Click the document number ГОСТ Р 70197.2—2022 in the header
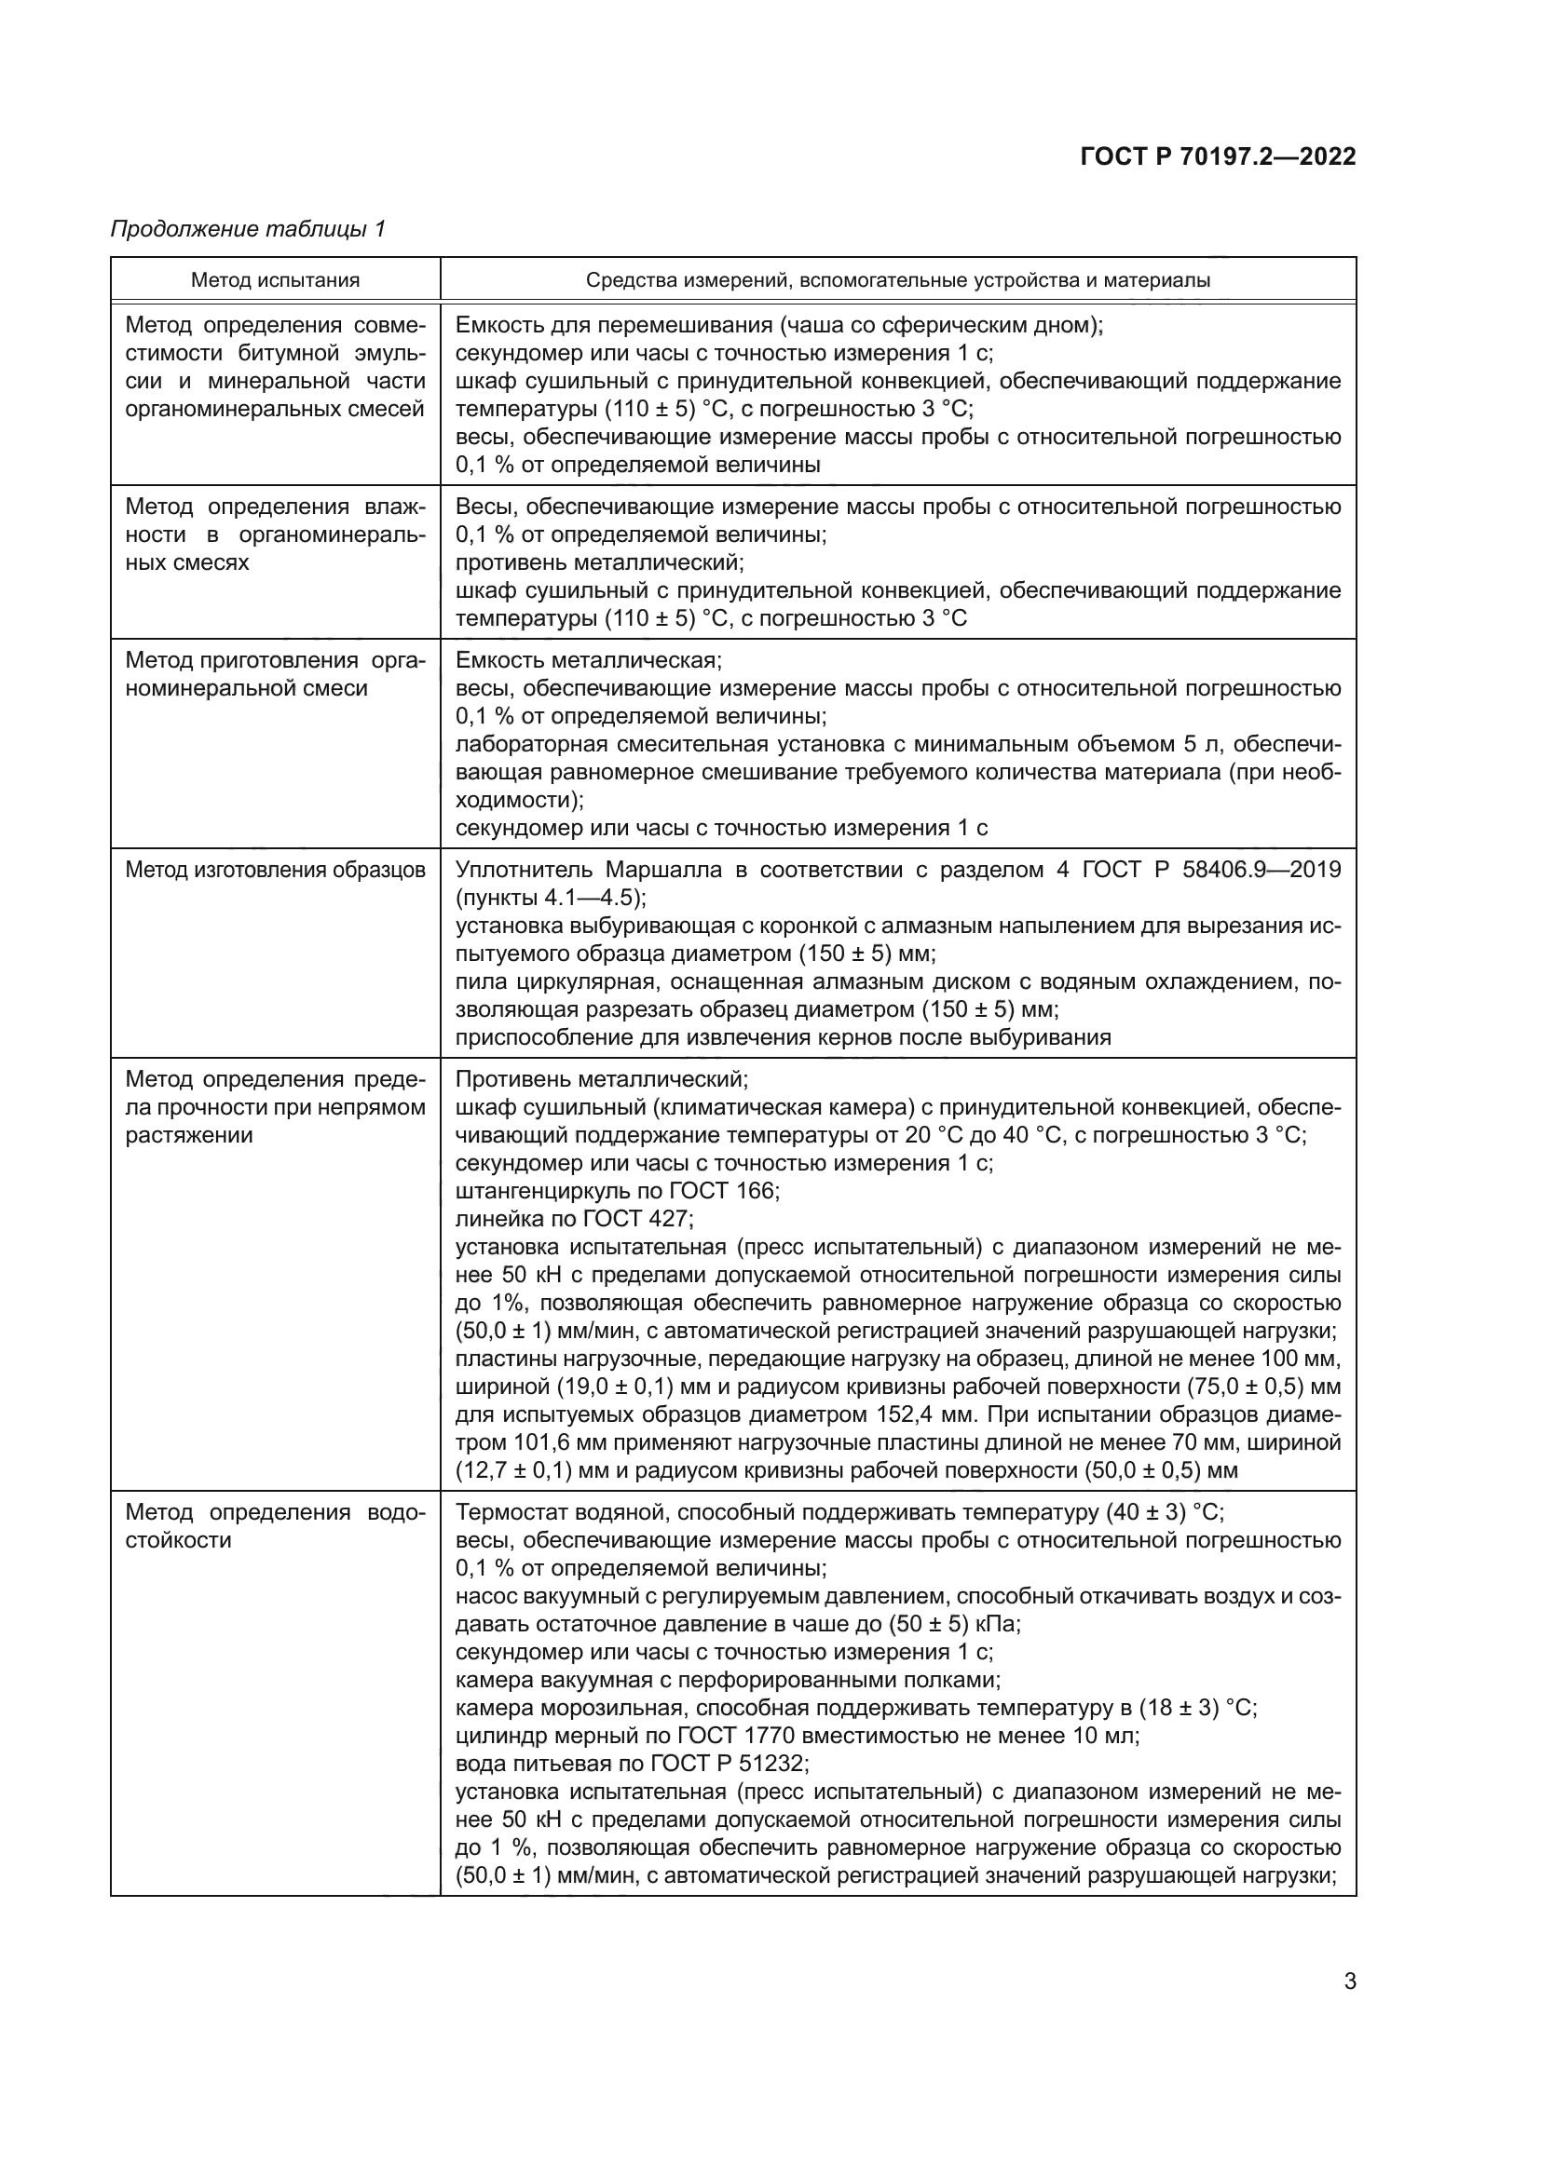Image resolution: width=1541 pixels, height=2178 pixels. pyautogui.click(x=1218, y=156)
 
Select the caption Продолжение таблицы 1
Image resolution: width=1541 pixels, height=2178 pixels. pyautogui.click(x=248, y=229)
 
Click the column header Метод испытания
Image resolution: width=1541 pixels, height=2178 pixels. pyautogui.click(x=275, y=280)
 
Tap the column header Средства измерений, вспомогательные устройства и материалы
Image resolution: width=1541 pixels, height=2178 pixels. pyautogui.click(x=897, y=280)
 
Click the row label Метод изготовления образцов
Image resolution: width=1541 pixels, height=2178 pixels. pyautogui.click(x=275, y=870)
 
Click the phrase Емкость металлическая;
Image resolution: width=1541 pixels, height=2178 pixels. pyautogui.click(x=588, y=660)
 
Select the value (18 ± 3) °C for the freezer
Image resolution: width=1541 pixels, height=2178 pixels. pyautogui.click(x=1197, y=1708)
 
